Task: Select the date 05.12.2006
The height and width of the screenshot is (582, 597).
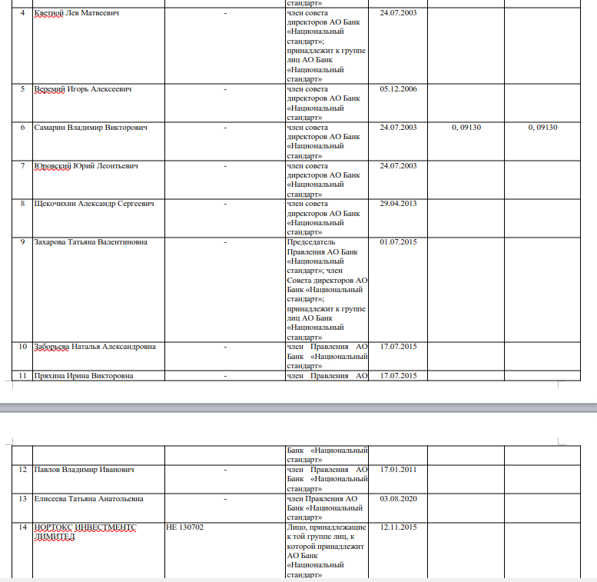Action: (398, 89)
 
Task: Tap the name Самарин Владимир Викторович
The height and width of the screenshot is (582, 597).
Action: (91, 128)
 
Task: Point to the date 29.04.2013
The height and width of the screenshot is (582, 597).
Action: (398, 204)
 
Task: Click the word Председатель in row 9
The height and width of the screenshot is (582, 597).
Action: (311, 242)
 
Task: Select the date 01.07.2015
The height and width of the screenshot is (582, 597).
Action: (398, 242)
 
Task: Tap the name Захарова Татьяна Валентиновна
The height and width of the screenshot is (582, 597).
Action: (91, 242)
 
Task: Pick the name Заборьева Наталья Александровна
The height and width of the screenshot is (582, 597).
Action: (95, 347)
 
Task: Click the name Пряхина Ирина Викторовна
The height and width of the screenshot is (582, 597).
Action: (84, 376)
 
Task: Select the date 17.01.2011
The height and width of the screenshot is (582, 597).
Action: (398, 470)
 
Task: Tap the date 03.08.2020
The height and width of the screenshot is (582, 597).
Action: (398, 499)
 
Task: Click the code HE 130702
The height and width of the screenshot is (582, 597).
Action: (185, 527)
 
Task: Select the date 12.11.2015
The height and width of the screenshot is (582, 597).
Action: (398, 527)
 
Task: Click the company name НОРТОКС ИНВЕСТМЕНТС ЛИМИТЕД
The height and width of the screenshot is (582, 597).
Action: (85, 532)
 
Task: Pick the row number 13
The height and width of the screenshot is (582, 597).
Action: (23, 499)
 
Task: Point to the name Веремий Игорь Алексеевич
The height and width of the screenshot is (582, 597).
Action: (83, 89)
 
